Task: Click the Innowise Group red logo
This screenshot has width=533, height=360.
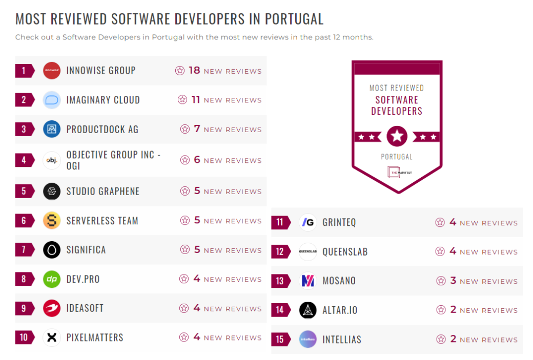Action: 52,71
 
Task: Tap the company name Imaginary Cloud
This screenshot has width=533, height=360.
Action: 103,100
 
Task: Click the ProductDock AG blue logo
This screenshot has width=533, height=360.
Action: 52,129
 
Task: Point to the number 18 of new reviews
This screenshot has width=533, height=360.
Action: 194,71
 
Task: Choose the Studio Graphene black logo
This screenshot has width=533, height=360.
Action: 52,191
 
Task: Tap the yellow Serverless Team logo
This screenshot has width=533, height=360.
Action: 52,221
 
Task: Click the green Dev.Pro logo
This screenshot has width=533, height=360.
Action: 52,279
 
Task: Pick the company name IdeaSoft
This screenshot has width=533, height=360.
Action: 85,308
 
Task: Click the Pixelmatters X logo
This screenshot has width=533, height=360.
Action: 52,337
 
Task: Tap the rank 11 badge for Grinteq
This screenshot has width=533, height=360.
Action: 280,222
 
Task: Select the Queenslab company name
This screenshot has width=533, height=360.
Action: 345,252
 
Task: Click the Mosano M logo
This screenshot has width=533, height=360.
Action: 308,281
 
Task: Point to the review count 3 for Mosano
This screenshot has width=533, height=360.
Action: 453,281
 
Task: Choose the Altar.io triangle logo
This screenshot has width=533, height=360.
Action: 308,310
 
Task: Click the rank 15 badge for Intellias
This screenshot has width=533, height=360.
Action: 280,339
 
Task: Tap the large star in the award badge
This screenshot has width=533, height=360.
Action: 397,136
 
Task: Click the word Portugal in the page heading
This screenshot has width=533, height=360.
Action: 294,19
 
